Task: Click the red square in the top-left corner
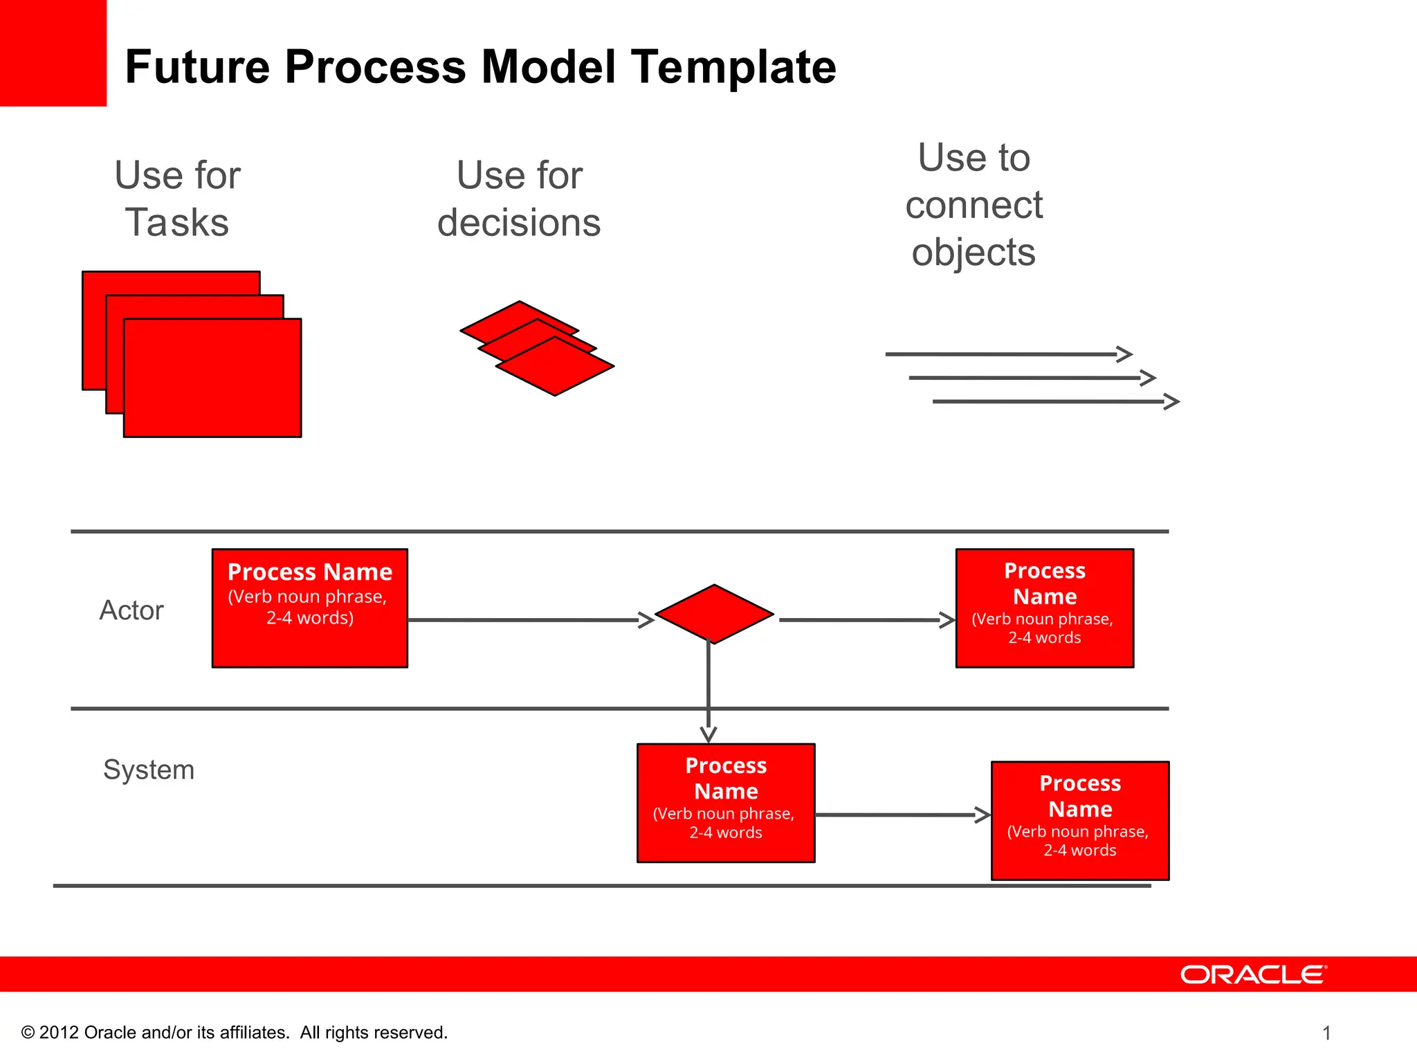pyautogui.click(x=53, y=53)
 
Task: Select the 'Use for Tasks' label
pyautogui.click(x=177, y=199)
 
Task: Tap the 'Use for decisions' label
pyautogui.click(x=519, y=199)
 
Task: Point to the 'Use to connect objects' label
pyautogui.click(x=973, y=205)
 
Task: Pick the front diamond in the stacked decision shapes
pyautogui.click(x=555, y=367)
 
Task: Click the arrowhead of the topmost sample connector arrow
pyautogui.click(x=1125, y=354)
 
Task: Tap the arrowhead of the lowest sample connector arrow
pyautogui.click(x=1172, y=401)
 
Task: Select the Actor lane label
pyautogui.click(x=131, y=610)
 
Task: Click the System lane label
pyautogui.click(x=149, y=770)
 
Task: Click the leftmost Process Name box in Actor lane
pyautogui.click(x=309, y=608)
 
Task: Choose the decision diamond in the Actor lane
pyautogui.click(x=714, y=614)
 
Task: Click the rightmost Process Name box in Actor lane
pyautogui.click(x=1044, y=608)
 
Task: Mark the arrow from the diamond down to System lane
pyautogui.click(x=708, y=692)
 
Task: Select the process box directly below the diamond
pyautogui.click(x=726, y=803)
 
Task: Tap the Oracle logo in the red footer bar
pyautogui.click(x=1253, y=974)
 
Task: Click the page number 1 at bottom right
pyautogui.click(x=1326, y=1033)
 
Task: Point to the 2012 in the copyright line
pyautogui.click(x=59, y=1033)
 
